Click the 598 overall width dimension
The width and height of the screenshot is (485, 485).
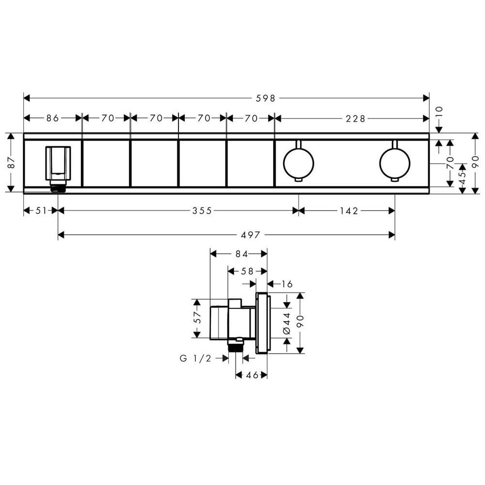point(265,98)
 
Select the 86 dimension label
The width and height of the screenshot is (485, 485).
point(52,118)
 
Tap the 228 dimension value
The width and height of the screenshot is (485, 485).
point(356,118)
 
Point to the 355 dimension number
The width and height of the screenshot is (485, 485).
point(202,210)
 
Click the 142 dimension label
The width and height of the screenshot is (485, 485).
point(349,210)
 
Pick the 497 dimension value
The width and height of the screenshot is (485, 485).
point(251,235)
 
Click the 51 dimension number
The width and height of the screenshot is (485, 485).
point(41,210)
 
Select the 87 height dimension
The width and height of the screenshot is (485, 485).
point(11,162)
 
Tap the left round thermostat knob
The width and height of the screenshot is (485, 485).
point(298,163)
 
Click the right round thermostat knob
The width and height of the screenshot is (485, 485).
point(395,163)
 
